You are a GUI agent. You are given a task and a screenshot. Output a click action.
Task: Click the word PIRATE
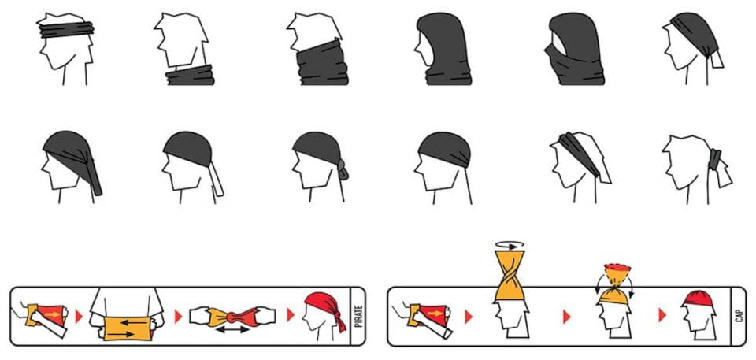click(x=358, y=316)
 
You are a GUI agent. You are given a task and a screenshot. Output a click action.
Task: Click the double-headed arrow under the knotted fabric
click(x=232, y=330)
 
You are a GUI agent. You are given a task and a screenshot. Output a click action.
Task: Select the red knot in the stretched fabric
click(x=235, y=317)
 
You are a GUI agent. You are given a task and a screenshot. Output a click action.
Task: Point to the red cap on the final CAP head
click(x=699, y=299)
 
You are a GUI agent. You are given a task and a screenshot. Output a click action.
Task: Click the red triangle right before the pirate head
click(x=290, y=315)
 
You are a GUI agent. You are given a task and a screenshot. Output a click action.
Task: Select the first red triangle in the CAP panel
click(x=468, y=317)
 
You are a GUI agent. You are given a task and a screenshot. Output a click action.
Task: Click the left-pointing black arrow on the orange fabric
click(x=132, y=321)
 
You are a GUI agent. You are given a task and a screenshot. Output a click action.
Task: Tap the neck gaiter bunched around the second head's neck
click(x=190, y=76)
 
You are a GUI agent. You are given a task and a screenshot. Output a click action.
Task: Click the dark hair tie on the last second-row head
click(x=714, y=159)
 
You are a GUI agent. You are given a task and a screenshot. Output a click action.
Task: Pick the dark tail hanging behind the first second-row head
click(x=95, y=177)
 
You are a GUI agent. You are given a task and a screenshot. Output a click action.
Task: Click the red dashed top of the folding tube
click(x=617, y=267)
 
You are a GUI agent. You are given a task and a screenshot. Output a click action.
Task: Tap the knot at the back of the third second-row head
click(x=343, y=169)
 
